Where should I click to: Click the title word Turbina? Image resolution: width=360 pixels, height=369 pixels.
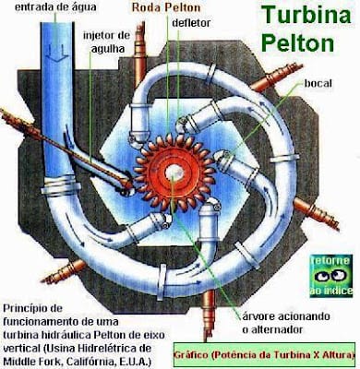pos(306,15)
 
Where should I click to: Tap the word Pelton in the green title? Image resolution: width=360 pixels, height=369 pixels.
pos(297,42)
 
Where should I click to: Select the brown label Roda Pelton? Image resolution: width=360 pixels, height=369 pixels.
pos(166,7)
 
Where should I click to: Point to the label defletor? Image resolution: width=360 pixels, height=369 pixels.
pos(191,23)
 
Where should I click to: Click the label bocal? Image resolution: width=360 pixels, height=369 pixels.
pos(318,83)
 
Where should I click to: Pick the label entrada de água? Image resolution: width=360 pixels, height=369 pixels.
pos(55,7)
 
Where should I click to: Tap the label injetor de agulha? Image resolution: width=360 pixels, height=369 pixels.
pos(106,42)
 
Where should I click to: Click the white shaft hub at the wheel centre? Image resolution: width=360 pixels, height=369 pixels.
pos(174,173)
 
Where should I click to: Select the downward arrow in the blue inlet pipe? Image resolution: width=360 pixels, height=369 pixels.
pos(58,53)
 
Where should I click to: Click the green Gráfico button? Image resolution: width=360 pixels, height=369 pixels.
pos(264,355)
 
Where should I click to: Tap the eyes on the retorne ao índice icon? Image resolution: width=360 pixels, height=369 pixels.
pos(330,275)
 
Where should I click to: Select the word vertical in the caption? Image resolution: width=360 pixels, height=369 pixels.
pos(21,349)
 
